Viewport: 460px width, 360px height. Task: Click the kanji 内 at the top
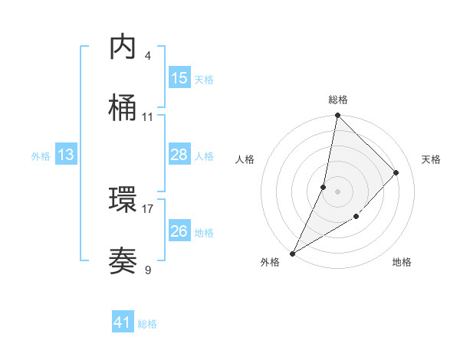click(123, 47)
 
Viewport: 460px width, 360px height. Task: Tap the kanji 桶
click(123, 109)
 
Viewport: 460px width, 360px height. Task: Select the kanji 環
click(123, 200)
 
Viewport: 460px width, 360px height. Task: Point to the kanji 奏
click(123, 261)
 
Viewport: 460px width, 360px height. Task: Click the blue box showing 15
click(179, 78)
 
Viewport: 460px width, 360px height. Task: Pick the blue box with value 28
click(179, 155)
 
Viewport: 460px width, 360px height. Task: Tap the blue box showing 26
click(179, 231)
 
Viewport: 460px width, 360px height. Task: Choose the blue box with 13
click(66, 155)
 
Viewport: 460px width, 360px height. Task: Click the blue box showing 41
click(123, 322)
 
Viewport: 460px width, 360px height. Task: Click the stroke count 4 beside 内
click(148, 56)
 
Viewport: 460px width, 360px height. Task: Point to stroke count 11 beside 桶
click(148, 117)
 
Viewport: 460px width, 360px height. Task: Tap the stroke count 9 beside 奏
click(148, 270)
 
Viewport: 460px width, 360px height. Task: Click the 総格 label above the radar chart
click(338, 100)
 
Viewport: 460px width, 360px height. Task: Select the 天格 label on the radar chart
click(432, 159)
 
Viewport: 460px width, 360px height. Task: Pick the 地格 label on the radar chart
click(402, 262)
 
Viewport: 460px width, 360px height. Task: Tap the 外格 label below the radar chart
click(270, 262)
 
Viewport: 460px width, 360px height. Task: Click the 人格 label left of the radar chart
click(245, 159)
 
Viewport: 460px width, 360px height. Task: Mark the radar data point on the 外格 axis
click(293, 253)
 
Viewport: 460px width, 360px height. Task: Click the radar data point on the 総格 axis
click(337, 116)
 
